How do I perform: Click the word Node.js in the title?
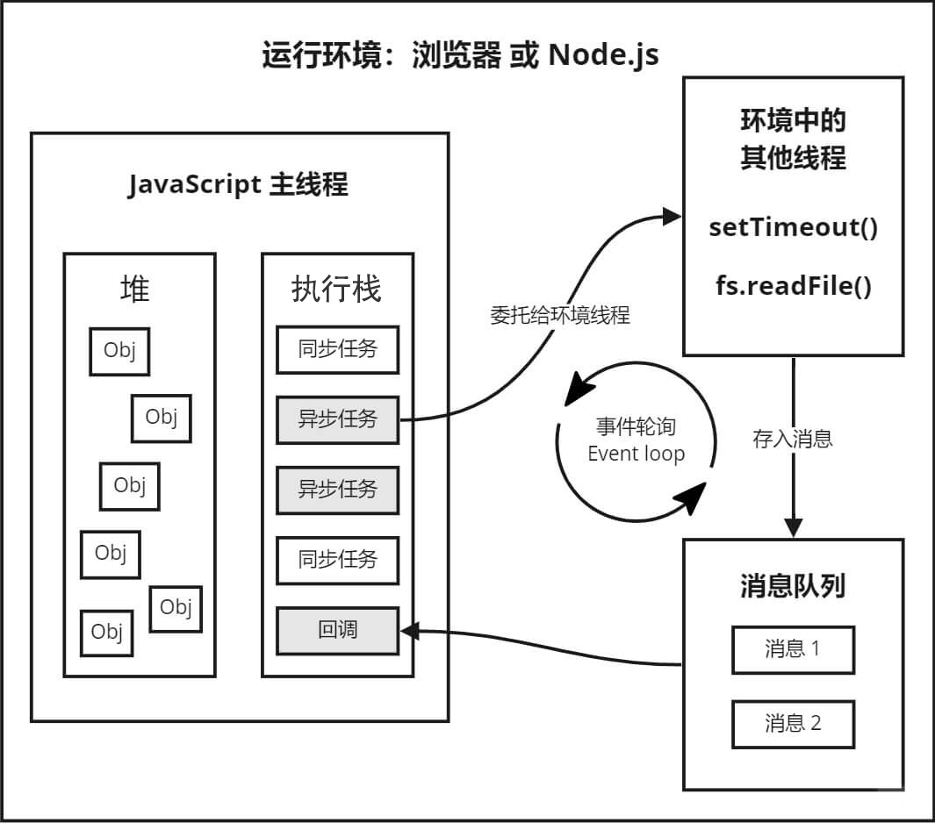[x=604, y=55]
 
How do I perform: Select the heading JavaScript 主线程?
[x=238, y=185]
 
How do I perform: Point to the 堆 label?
[x=136, y=288]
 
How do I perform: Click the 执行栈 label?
[x=337, y=289]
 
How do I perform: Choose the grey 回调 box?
[x=338, y=629]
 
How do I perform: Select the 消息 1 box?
[x=793, y=648]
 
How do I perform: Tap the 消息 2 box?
[x=793, y=723]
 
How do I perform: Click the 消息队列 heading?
[x=793, y=585]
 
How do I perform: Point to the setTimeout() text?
[x=793, y=227]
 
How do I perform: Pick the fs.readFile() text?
[x=793, y=286]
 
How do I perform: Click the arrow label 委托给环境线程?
[x=559, y=316]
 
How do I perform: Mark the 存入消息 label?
[x=793, y=439]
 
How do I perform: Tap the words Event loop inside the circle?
[x=636, y=454]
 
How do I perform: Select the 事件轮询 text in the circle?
[x=636, y=428]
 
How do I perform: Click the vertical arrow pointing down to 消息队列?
[x=794, y=447]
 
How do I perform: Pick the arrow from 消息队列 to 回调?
[x=544, y=645]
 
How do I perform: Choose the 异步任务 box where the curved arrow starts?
[x=338, y=419]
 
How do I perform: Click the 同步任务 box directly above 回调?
[x=338, y=559]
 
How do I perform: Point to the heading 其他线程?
[x=793, y=159]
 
